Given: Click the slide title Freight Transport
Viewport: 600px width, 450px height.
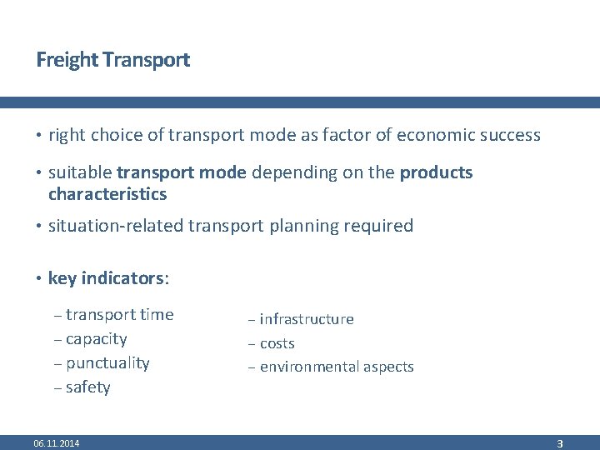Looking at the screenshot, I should (112, 60).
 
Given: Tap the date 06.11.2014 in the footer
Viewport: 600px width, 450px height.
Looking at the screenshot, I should (57, 443).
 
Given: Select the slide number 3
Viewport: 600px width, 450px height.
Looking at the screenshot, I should (560, 444).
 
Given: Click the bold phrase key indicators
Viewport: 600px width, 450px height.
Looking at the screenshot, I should (107, 278).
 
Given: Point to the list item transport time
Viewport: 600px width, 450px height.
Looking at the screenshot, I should (119, 315).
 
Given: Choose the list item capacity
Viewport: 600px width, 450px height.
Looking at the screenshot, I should (96, 339).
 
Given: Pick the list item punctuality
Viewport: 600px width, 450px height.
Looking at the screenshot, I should (107, 363).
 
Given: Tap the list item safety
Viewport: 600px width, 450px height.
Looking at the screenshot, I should (87, 387).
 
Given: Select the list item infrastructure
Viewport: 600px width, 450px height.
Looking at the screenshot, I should (307, 319).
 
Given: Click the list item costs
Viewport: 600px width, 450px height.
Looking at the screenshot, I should (277, 343).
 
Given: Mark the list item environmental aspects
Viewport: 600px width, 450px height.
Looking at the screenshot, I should (337, 367).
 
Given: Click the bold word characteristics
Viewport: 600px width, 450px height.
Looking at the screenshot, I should (107, 195).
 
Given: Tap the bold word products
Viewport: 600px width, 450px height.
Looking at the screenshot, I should (436, 173).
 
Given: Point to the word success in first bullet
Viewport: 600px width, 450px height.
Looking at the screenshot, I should (510, 135).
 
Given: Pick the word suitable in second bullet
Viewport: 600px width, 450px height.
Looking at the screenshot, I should (80, 173).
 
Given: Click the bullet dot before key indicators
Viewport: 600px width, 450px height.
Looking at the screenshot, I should (39, 278).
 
